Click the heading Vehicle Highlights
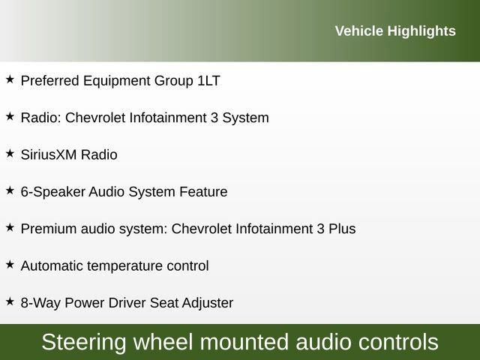[394, 31]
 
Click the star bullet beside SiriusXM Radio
[10, 153]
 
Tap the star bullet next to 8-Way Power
[10, 301]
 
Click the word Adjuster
[207, 303]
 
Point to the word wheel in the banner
[174, 343]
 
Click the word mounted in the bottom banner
[253, 343]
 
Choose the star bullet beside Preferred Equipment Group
[10, 79]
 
